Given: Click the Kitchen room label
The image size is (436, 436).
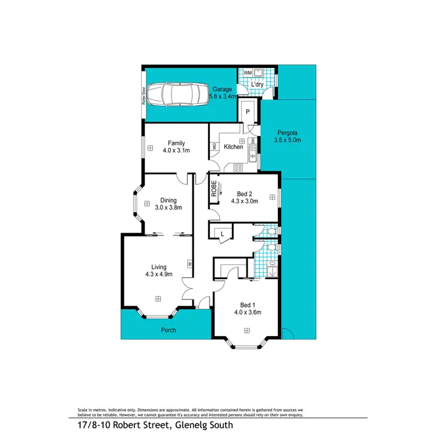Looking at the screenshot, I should click(x=233, y=147).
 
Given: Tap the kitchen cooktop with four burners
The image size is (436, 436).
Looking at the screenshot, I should click(x=238, y=167).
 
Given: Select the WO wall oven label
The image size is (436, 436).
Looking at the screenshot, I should click(x=215, y=147).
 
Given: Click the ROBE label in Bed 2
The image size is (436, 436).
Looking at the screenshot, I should click(x=214, y=190).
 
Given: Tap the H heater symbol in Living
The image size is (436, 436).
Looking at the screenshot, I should click(x=190, y=265).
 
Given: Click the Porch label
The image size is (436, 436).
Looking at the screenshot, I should click(x=168, y=330).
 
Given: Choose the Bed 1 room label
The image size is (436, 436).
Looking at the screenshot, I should click(x=248, y=305).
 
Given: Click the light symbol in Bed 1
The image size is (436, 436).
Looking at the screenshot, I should click(x=247, y=331).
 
